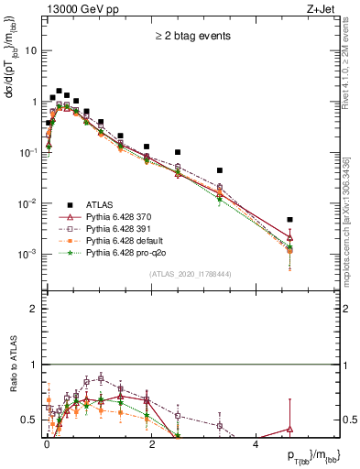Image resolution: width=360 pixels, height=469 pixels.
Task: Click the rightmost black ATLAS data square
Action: pyautogui.click(x=289, y=220)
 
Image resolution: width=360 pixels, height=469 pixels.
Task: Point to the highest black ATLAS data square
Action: pyautogui.click(x=59, y=92)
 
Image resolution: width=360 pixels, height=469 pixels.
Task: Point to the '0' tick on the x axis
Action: pyautogui.click(x=47, y=442)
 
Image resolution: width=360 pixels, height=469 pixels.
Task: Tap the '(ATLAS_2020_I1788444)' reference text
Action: pyautogui.click(x=189, y=274)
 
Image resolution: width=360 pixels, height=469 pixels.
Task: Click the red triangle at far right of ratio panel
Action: pyautogui.click(x=289, y=429)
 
